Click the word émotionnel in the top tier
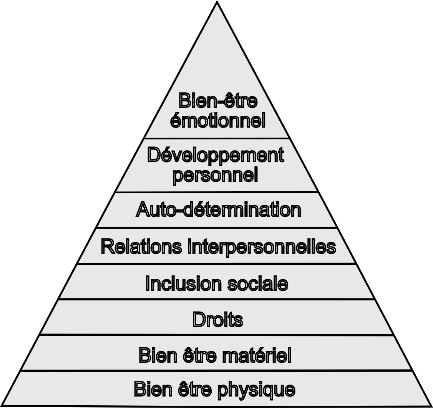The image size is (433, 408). click(x=217, y=120)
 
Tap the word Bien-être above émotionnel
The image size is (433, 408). click(x=217, y=101)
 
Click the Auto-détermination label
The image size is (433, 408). click(x=218, y=210)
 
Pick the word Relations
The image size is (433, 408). click(x=141, y=246)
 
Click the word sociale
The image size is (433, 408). click(x=262, y=284)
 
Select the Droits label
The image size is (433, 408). click(x=217, y=319)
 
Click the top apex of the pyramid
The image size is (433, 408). click(x=217, y=2)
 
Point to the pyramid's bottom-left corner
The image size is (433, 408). click(x=2, y=406)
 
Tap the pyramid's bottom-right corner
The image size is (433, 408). click(x=431, y=406)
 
